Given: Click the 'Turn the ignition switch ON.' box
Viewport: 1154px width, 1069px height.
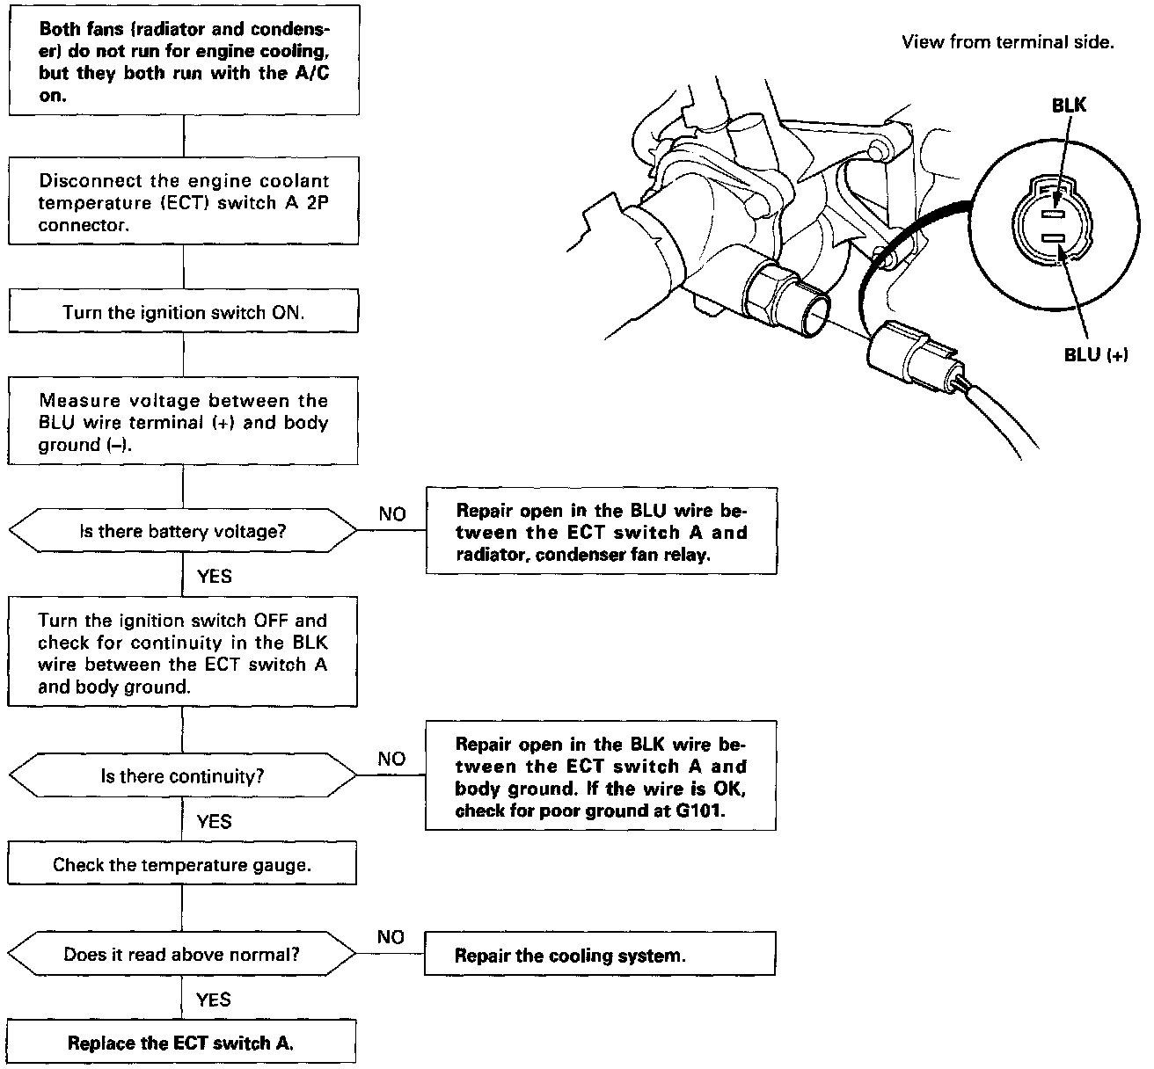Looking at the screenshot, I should (183, 312).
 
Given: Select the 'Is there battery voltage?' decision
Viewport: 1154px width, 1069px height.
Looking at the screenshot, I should (183, 531).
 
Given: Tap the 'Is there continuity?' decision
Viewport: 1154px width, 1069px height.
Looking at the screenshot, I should (183, 776).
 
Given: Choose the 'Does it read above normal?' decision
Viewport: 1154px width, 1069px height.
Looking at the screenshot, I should (182, 955).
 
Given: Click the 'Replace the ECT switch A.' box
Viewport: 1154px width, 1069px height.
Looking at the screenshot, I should (181, 1044).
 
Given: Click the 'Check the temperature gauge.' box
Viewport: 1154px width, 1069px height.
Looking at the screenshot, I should (182, 865).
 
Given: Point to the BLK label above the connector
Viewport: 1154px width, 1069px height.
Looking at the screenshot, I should (1069, 105).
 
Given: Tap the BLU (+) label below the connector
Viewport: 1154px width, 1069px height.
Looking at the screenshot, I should (1095, 355).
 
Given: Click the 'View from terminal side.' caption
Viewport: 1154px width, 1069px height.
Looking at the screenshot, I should (1007, 42).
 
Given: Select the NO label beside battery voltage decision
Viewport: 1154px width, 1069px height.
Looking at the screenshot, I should (391, 514).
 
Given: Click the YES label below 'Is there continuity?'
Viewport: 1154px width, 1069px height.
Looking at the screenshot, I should (214, 822).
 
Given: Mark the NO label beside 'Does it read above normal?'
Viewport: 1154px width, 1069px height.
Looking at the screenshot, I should (390, 937).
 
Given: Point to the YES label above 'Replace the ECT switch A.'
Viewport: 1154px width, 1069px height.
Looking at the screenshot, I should (214, 1000).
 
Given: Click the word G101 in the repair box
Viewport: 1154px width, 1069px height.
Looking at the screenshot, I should (701, 811).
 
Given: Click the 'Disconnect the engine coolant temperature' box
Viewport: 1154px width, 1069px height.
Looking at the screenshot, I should (183, 202).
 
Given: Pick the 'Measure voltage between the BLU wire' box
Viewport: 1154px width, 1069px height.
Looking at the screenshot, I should (183, 422).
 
